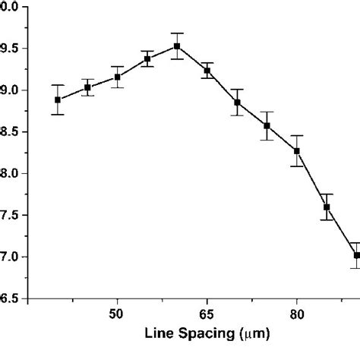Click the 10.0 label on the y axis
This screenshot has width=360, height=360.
point(11,7)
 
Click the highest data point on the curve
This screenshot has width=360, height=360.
point(177,46)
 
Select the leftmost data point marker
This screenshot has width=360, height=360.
point(58,100)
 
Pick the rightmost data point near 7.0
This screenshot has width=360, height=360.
point(356,255)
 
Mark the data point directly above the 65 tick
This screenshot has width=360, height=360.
point(207,71)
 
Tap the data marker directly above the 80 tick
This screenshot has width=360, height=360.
point(297,150)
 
